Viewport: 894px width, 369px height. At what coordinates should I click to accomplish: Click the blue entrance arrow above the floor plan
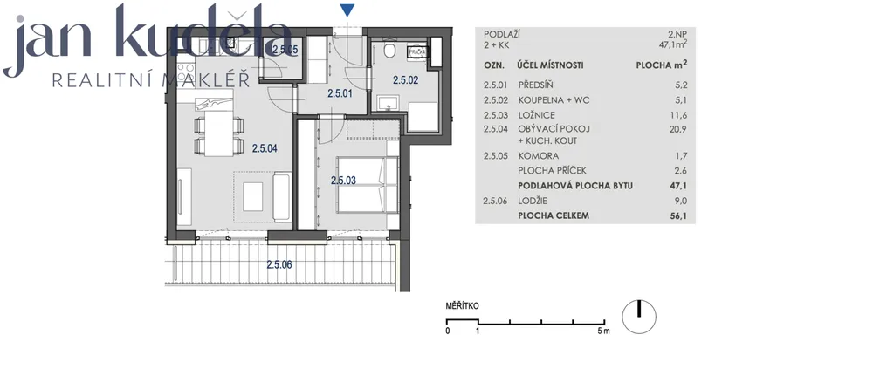coord(347,10)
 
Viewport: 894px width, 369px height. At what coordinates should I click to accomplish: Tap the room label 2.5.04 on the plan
coord(265,148)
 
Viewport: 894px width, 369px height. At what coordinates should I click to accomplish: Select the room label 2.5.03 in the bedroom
coord(343,180)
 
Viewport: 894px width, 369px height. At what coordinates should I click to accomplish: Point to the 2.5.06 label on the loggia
coord(279,264)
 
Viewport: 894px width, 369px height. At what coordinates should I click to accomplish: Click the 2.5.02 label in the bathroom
coord(405,80)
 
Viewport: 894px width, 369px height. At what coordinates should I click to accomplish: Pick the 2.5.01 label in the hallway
coord(340,93)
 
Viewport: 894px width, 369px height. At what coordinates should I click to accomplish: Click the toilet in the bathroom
coord(390,50)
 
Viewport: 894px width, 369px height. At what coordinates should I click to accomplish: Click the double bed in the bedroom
coord(368,185)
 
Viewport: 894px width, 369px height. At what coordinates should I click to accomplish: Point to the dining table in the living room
coord(219,132)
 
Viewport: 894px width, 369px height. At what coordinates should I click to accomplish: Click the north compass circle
coord(638,316)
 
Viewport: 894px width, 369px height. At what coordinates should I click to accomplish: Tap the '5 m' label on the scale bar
coord(604,331)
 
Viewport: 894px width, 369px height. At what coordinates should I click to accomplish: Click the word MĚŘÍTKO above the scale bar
coord(463,306)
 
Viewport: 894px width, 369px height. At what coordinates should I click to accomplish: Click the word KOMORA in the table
coord(538,155)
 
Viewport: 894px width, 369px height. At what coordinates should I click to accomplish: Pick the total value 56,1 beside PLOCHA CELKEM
coord(678,215)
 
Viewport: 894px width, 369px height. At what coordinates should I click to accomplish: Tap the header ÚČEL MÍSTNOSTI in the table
coord(550,65)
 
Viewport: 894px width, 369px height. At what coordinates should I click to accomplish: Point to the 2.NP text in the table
coord(677,34)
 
